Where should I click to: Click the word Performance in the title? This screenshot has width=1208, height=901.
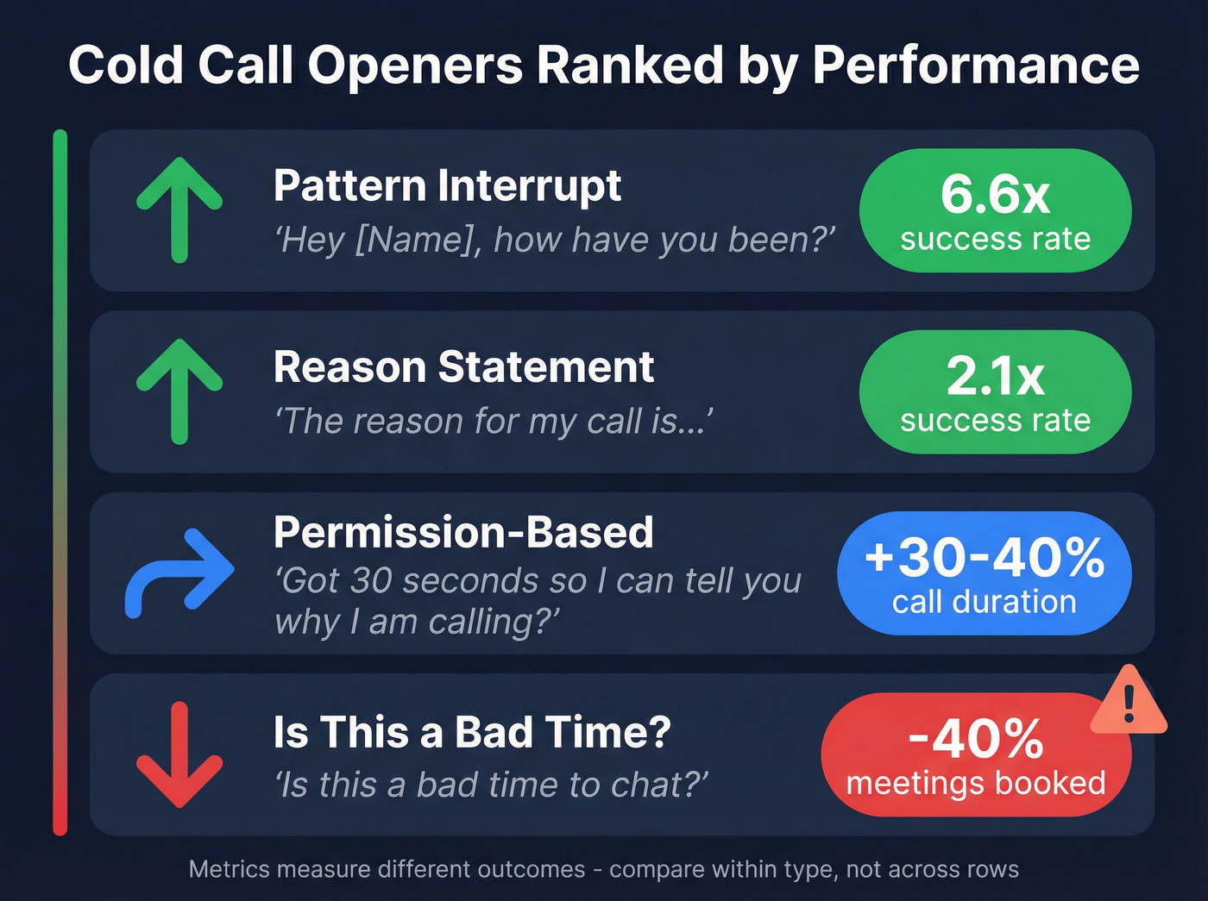[976, 66]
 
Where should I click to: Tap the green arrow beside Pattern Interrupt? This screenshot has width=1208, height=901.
[179, 210]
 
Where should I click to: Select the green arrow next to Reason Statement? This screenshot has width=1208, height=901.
[179, 391]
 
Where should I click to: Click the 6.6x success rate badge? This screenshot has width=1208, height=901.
[995, 210]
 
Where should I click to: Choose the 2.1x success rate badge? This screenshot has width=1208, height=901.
[995, 391]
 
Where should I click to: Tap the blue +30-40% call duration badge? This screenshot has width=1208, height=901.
[984, 573]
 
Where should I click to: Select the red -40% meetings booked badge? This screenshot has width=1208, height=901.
[975, 754]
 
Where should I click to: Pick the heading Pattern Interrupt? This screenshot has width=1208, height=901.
[447, 185]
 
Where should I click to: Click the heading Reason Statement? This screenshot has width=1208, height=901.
[463, 366]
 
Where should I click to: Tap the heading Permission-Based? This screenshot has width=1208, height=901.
[463, 532]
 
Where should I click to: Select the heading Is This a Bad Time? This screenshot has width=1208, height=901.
[472, 732]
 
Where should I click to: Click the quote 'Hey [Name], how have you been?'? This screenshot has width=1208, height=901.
[555, 240]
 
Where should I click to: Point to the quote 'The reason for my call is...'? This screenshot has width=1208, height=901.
[494, 422]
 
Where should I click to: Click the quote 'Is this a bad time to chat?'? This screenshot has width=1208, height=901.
[492, 785]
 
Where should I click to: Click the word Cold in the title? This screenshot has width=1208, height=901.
[126, 66]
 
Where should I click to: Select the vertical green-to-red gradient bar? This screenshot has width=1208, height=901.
[60, 483]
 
